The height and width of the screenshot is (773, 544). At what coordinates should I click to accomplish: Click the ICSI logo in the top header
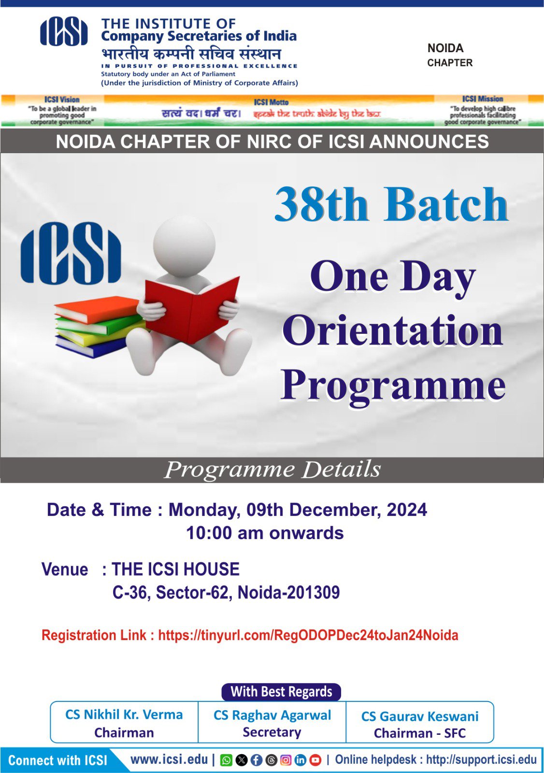tap(64, 32)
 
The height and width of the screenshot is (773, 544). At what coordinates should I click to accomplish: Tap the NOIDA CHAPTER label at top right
tap(450, 55)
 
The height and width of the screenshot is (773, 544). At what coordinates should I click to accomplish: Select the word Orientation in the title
tap(393, 331)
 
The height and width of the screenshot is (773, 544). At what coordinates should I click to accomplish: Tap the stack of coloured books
tap(99, 327)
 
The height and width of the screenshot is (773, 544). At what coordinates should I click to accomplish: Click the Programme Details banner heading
tap(272, 469)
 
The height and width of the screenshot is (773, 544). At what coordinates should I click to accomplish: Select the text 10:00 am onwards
tap(265, 533)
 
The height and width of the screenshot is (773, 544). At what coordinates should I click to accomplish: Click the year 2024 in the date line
tap(407, 510)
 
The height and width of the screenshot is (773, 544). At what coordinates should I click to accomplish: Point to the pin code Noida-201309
tap(288, 592)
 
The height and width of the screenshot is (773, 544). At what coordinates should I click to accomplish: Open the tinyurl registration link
tap(308, 635)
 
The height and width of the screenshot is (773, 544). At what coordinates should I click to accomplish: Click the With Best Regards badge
tap(281, 692)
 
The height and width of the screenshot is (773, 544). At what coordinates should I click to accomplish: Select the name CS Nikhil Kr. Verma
tap(124, 715)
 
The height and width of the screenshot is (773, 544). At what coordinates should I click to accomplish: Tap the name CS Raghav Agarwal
tap(272, 715)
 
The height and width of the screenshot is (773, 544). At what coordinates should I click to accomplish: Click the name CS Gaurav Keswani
tap(420, 716)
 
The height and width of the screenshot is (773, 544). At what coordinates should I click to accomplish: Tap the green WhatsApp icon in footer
tap(226, 760)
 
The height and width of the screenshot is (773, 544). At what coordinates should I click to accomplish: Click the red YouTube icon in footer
tap(315, 760)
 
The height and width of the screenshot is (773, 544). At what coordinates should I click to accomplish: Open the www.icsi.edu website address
tap(169, 759)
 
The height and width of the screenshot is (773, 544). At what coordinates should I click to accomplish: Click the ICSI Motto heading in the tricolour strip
tap(271, 102)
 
